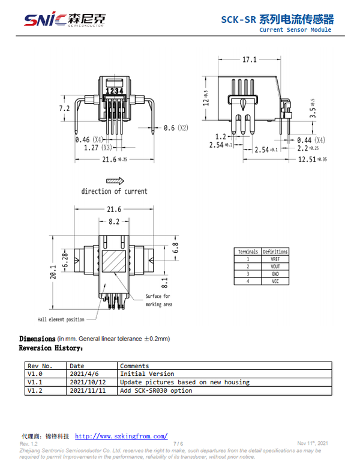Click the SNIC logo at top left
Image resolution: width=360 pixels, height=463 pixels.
pos(64,20)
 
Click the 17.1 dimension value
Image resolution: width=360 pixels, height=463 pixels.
pos(250,59)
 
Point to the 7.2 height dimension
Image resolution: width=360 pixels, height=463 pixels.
pos(64,109)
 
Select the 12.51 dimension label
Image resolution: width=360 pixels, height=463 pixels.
pos(308,159)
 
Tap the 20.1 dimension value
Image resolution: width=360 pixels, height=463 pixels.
pos(53,272)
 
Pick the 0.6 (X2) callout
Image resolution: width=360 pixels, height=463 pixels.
pos(176,128)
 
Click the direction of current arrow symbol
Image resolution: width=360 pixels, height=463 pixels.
pos(115,180)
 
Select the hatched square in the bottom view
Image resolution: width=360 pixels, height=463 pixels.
pos(114,262)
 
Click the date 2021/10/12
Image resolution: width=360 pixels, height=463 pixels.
pos(88,382)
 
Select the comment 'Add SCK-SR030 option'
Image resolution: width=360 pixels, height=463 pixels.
pos(156,390)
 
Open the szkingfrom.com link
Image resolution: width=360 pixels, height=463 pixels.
pos(121,436)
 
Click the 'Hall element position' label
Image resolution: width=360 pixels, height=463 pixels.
pos(61,319)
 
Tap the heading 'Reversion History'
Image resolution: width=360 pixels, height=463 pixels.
pos(50,348)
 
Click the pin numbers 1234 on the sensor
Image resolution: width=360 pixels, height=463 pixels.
pos(114,91)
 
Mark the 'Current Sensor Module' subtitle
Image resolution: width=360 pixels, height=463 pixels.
pos(295,29)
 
